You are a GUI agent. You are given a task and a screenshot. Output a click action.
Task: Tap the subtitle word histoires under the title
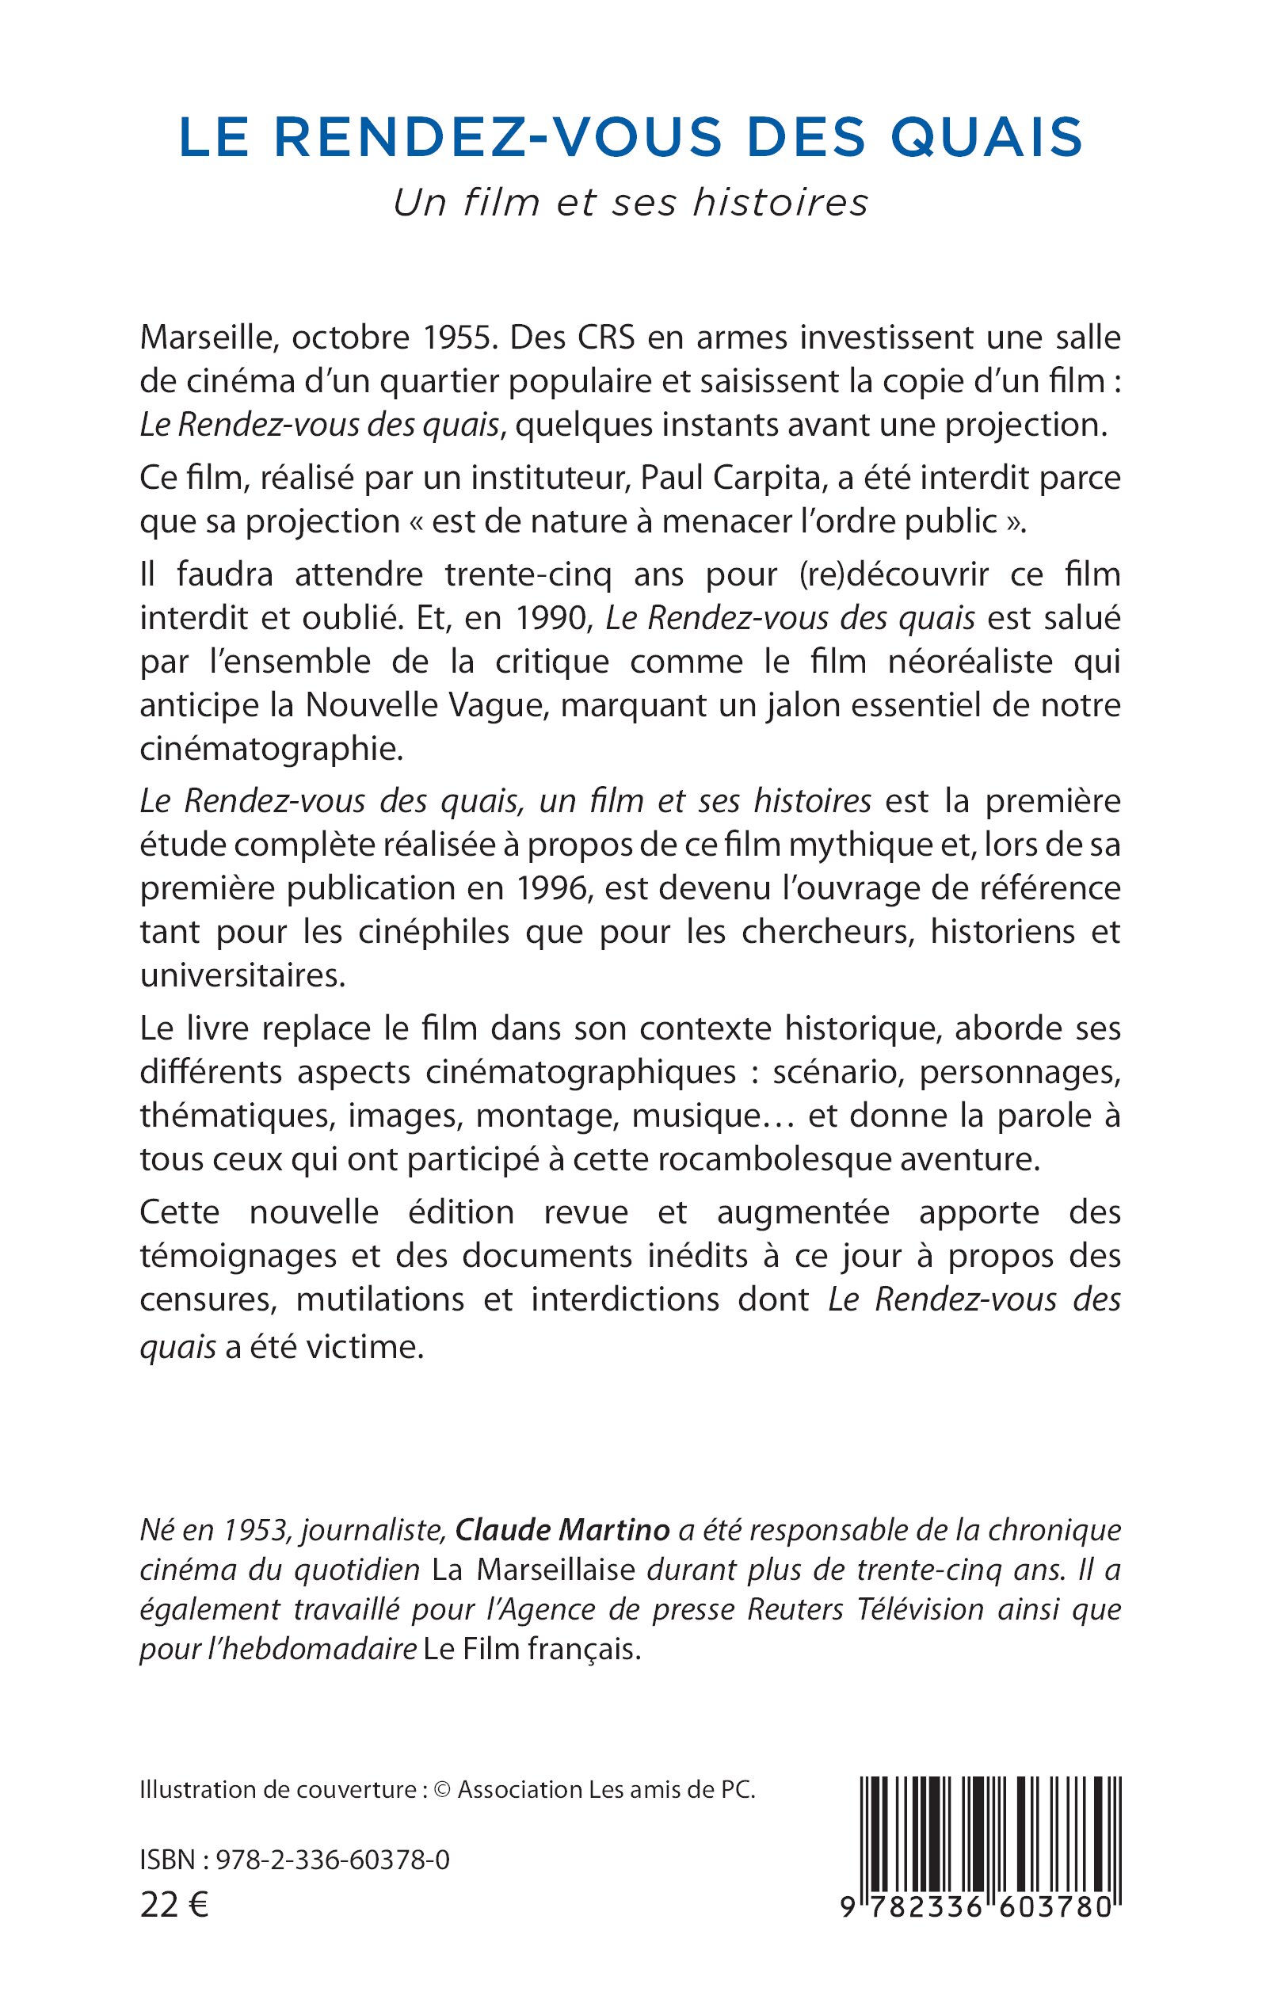(780, 203)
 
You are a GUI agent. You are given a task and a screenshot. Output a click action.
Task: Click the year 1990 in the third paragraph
(554, 618)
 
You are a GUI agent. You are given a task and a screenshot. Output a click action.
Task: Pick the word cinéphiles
(434, 932)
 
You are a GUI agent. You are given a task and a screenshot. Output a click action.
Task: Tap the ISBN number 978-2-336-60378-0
(333, 1860)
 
